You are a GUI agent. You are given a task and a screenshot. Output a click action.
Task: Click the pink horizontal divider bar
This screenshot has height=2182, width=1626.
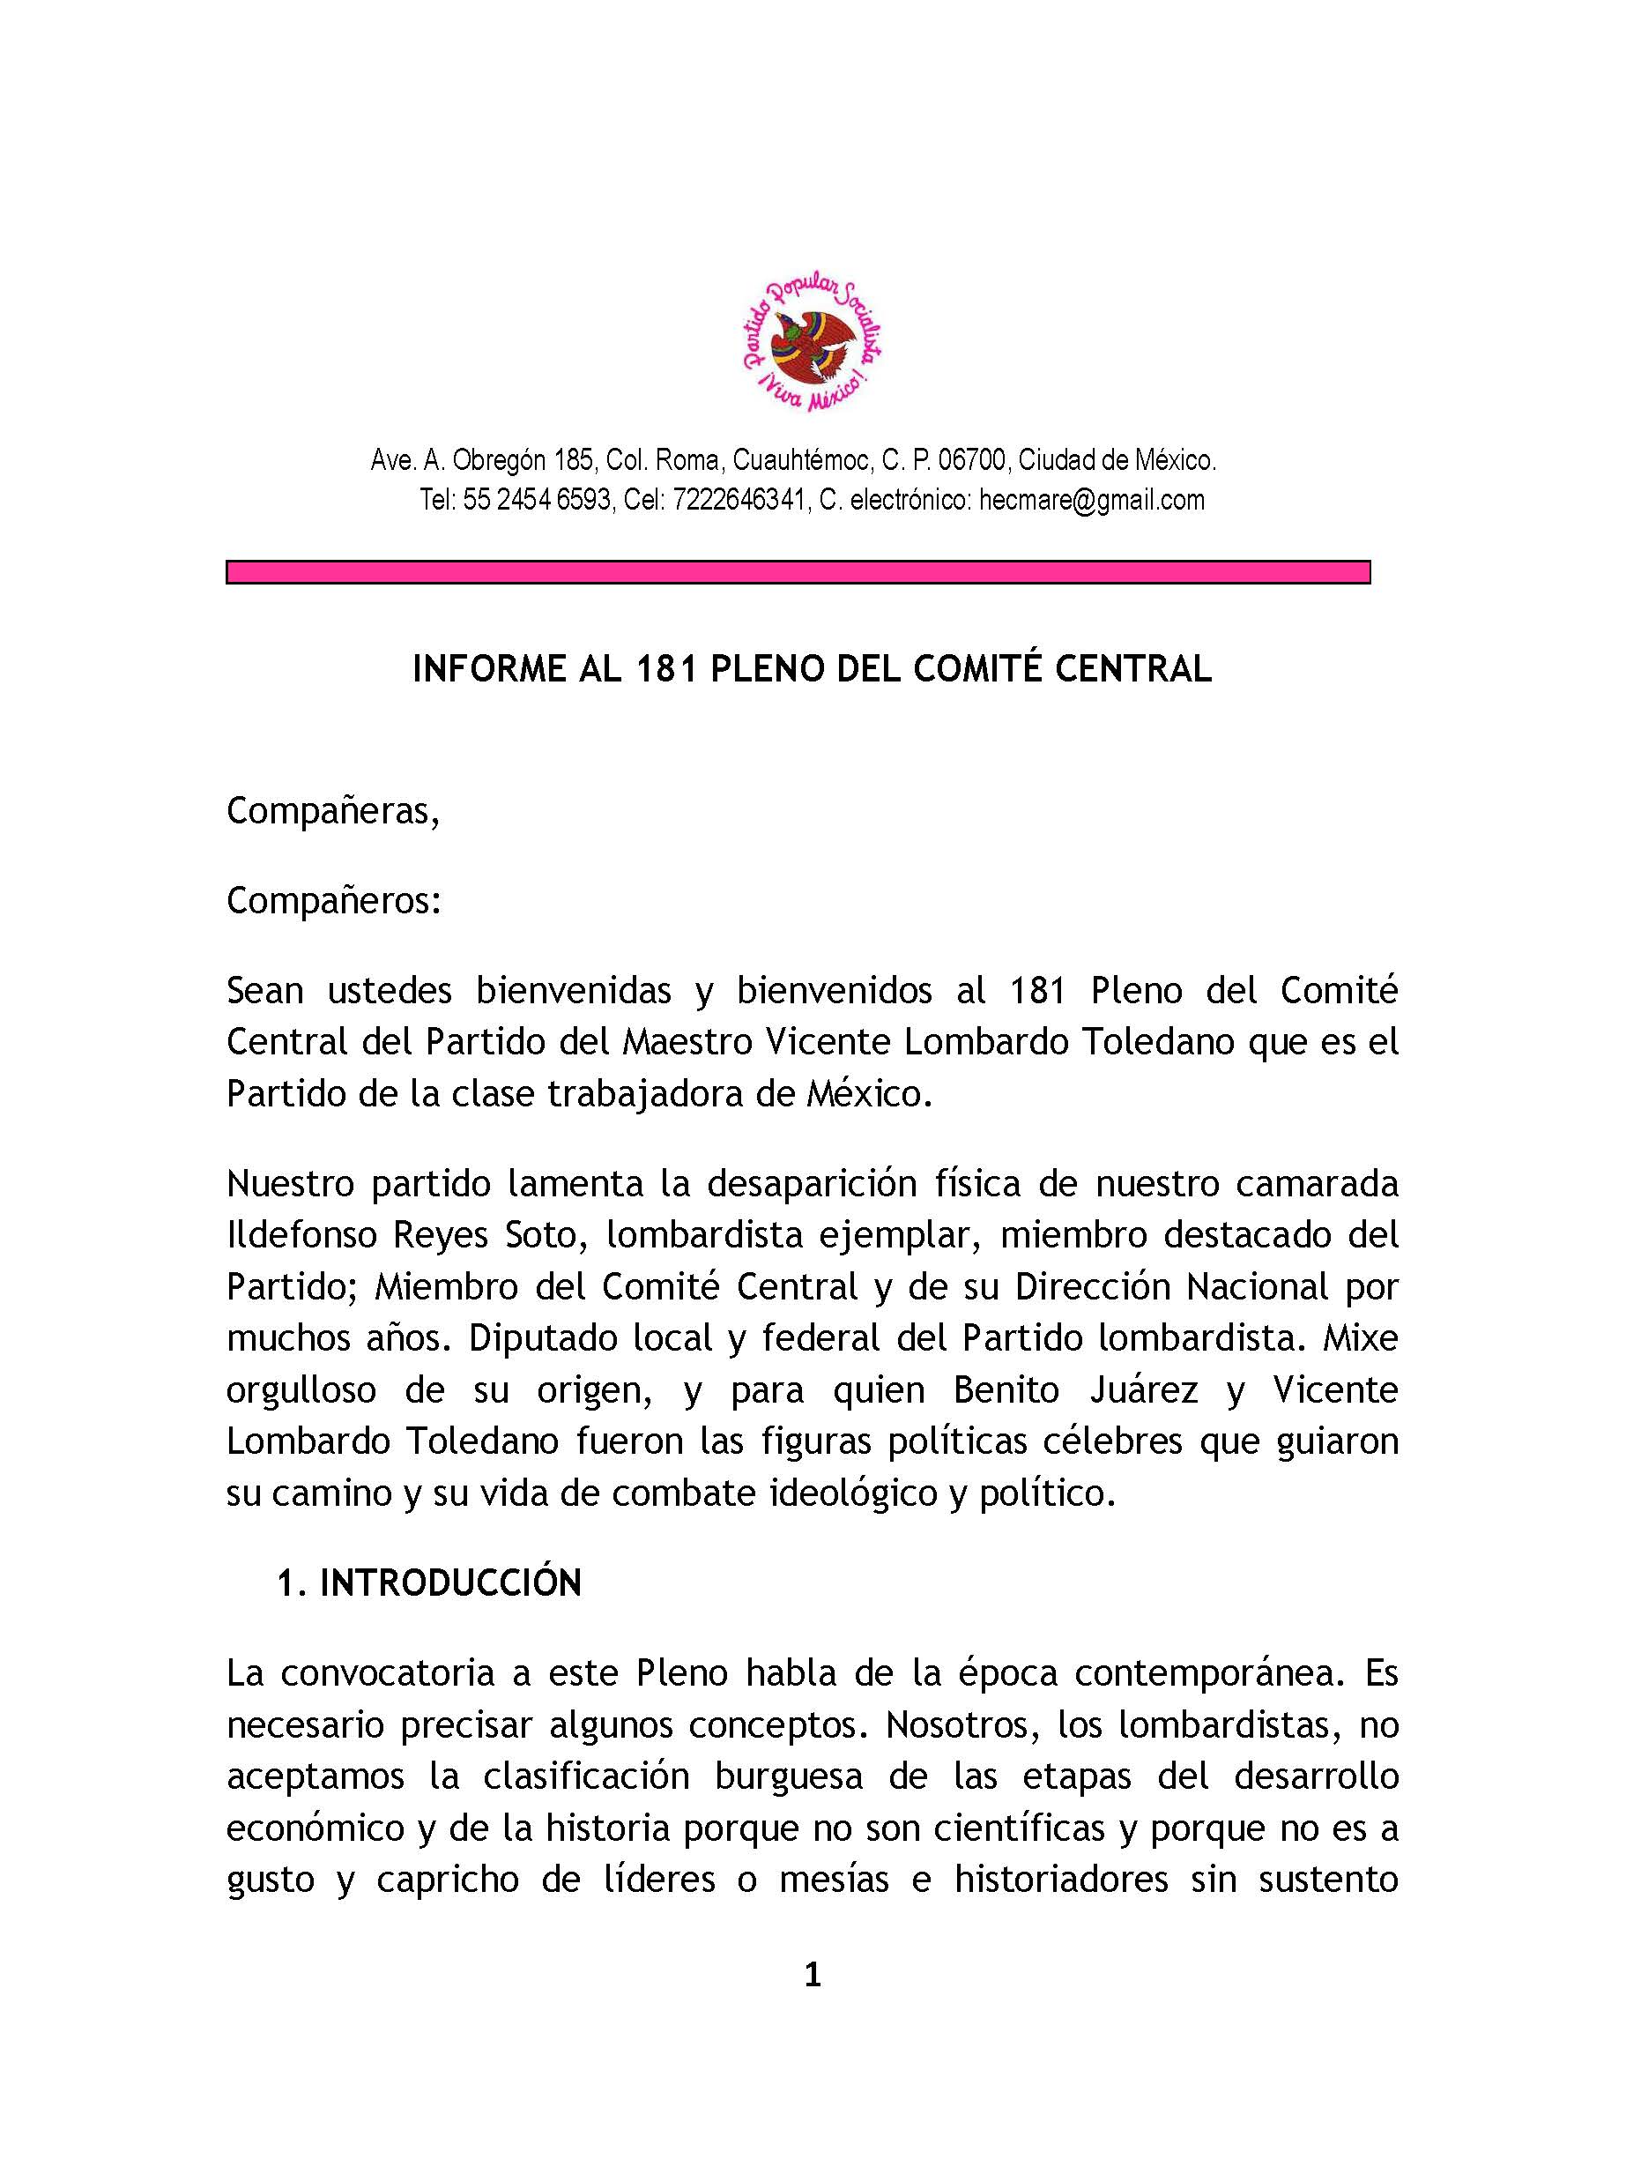coord(798,572)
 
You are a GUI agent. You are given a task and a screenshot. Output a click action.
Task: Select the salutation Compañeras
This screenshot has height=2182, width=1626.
coord(331,810)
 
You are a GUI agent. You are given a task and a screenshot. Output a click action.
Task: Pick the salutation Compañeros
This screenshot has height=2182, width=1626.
coord(332,900)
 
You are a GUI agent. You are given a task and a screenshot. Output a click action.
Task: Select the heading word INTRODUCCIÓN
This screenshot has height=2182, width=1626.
coord(451,1583)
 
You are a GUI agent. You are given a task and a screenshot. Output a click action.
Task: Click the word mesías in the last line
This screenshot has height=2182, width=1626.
coord(834,1880)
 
